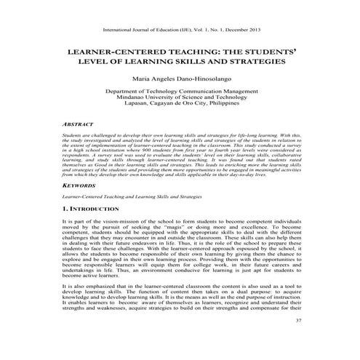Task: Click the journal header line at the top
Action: click(x=180, y=30)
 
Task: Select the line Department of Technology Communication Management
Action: click(x=180, y=91)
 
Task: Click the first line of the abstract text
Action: click(x=180, y=135)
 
